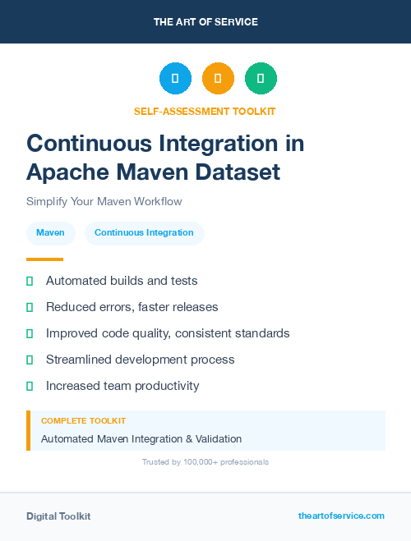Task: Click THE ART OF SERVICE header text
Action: click(x=205, y=22)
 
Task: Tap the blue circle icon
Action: click(x=175, y=79)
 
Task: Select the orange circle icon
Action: click(x=218, y=79)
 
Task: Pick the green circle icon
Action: click(x=261, y=79)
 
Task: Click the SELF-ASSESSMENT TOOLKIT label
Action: click(x=205, y=111)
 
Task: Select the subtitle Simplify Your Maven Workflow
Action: click(x=104, y=201)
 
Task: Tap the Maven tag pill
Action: click(x=50, y=233)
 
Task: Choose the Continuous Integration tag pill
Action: click(x=144, y=233)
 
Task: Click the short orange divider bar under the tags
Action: click(x=44, y=259)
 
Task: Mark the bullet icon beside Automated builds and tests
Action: click(x=30, y=281)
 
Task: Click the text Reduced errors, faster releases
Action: click(x=132, y=307)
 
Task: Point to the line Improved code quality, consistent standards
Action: click(x=168, y=333)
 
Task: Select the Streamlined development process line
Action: click(x=140, y=360)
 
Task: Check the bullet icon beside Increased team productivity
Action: click(x=30, y=386)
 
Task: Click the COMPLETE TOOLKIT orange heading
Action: click(x=83, y=421)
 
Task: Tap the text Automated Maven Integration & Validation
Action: click(x=141, y=439)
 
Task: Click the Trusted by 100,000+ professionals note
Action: click(x=205, y=462)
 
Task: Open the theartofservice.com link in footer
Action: click(x=341, y=516)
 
